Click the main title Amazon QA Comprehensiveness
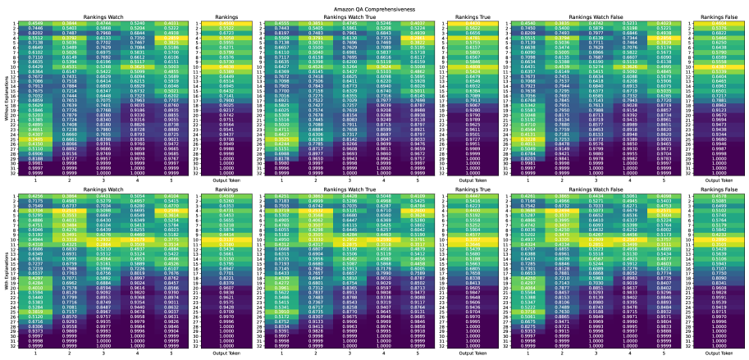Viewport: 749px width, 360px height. click(374, 5)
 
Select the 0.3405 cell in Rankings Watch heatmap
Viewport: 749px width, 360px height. click(35, 139)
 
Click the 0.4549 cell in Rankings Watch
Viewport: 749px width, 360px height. click(35, 22)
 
